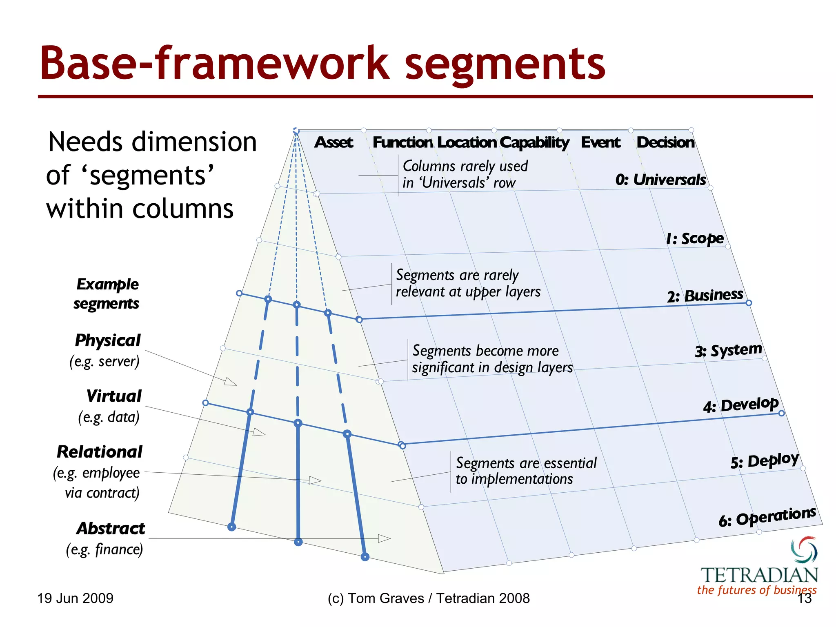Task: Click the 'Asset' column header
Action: [334, 142]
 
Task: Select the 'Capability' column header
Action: [534, 142]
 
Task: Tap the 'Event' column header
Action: [600, 142]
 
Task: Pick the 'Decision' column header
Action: [665, 142]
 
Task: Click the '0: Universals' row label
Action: [660, 180]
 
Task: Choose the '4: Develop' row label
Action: [740, 405]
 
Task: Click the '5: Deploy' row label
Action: [764, 461]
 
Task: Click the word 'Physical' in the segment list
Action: [108, 340]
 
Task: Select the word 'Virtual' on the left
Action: [114, 396]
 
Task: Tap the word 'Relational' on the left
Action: [100, 452]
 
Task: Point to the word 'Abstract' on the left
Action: [111, 529]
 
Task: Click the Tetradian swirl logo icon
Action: [804, 549]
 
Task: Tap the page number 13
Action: [805, 598]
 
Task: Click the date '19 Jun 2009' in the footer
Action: [76, 598]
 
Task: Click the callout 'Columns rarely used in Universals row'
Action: [465, 174]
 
